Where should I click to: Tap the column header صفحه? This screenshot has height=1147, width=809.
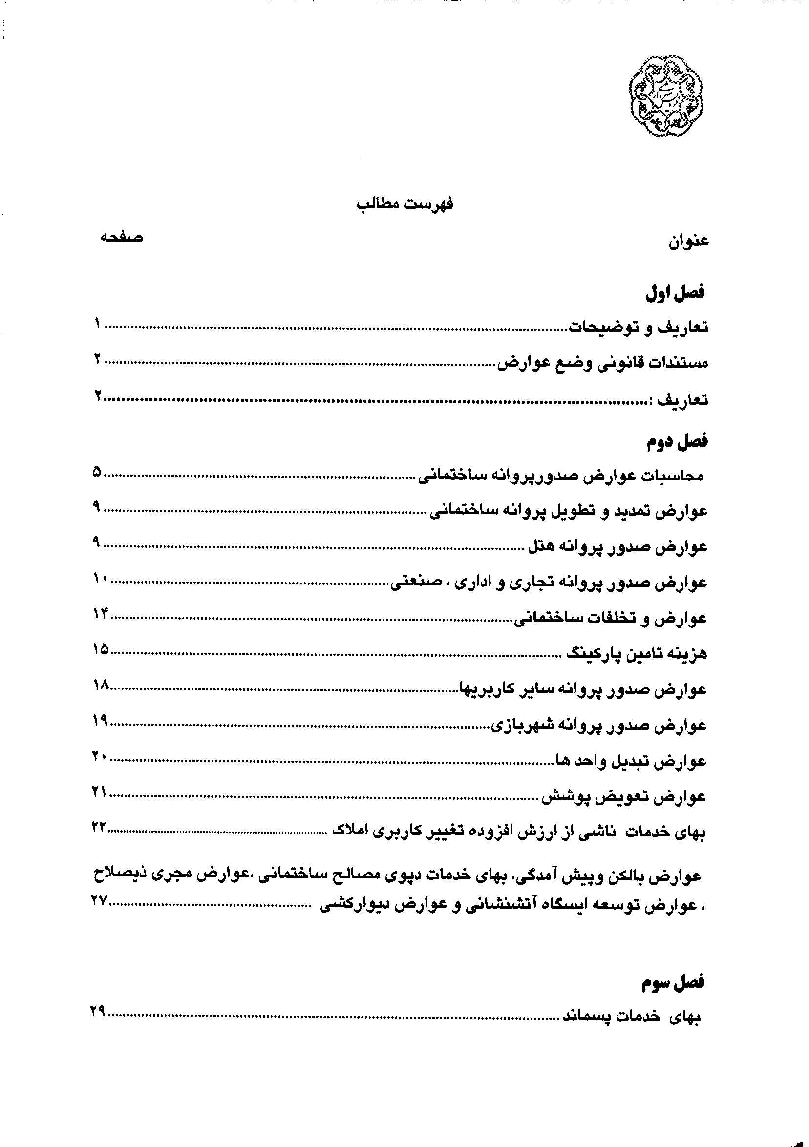122,238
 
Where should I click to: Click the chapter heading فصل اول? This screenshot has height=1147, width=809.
675,293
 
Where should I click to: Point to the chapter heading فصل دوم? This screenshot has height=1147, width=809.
678,441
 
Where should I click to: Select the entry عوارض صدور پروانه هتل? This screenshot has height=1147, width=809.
617,546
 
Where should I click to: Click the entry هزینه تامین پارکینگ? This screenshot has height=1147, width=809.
637,653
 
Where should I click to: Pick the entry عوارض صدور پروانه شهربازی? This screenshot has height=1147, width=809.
598,726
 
